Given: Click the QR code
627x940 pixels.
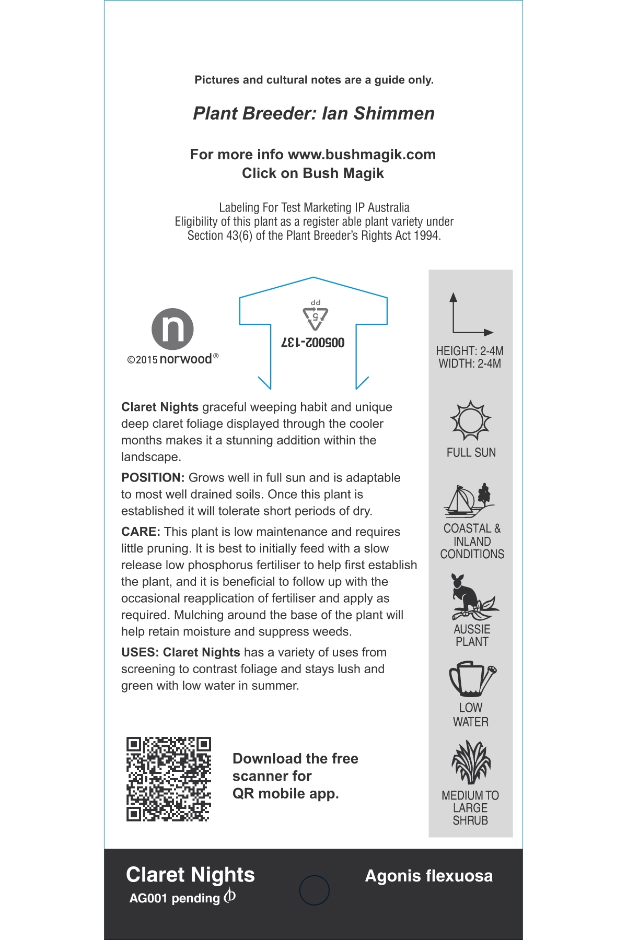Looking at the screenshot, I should (x=168, y=779).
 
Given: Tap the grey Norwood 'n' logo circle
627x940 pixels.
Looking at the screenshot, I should (x=172, y=329).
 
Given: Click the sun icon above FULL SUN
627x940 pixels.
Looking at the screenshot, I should (x=470, y=420).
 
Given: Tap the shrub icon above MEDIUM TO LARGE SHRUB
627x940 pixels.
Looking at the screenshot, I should (x=471, y=762).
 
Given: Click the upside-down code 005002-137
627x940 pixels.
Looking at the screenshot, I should (x=313, y=343).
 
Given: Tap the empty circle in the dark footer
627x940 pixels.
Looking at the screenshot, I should (x=314, y=890).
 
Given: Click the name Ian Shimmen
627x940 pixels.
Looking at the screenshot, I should (x=378, y=113).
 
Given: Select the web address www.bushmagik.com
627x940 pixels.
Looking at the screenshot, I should (x=362, y=155).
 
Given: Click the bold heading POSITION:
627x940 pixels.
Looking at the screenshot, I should (x=153, y=478).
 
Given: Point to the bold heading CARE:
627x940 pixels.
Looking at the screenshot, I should (x=141, y=532).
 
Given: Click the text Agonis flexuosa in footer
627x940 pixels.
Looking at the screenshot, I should (x=428, y=876).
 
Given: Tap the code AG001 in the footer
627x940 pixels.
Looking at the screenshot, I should (x=148, y=898).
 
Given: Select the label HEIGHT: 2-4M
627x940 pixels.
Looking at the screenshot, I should (x=470, y=351).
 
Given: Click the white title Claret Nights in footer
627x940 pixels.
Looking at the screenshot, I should (x=190, y=875).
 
